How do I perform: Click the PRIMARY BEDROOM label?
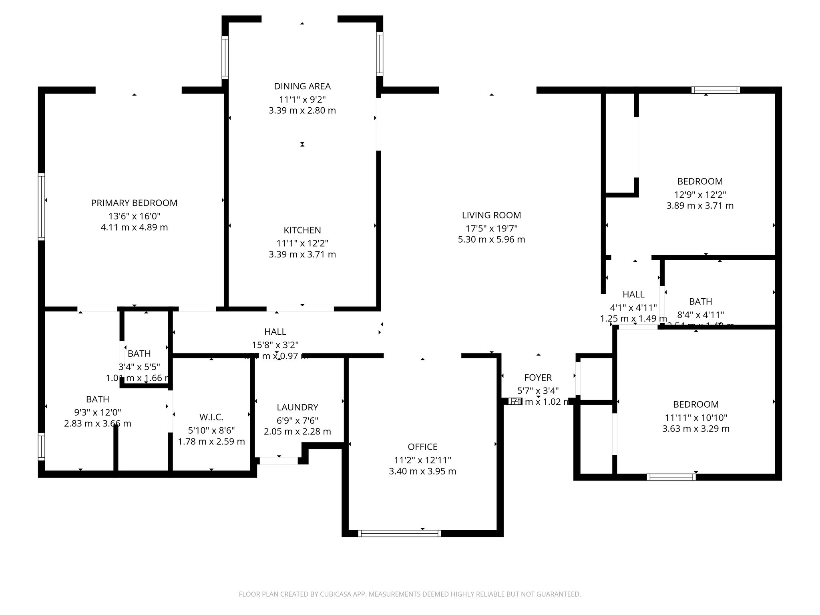pyautogui.click(x=134, y=203)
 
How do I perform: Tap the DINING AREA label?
pyautogui.click(x=302, y=86)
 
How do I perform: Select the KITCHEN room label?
pyautogui.click(x=302, y=230)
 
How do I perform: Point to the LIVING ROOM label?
pyautogui.click(x=491, y=215)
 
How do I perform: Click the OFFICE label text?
pyautogui.click(x=422, y=447)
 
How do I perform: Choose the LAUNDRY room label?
pyautogui.click(x=297, y=407)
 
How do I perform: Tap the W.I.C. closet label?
pyautogui.click(x=211, y=417)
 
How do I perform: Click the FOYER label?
pyautogui.click(x=538, y=378)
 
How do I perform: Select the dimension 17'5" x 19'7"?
pyautogui.click(x=491, y=229)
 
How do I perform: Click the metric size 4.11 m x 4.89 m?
pyautogui.click(x=134, y=227)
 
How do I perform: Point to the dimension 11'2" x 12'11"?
pyautogui.click(x=422, y=460)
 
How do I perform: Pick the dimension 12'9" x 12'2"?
pyautogui.click(x=700, y=195)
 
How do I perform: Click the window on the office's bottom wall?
pyautogui.click(x=399, y=533)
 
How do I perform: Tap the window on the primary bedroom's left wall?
pyautogui.click(x=41, y=207)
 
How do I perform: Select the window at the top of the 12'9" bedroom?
pyautogui.click(x=716, y=90)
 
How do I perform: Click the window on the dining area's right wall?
pyautogui.click(x=379, y=54)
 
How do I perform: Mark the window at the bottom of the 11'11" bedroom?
pyautogui.click(x=671, y=477)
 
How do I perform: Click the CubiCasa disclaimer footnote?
pyautogui.click(x=410, y=594)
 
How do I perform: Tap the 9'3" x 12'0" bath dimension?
pyautogui.click(x=97, y=412)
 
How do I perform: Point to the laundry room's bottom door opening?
pyautogui.click(x=279, y=461)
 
